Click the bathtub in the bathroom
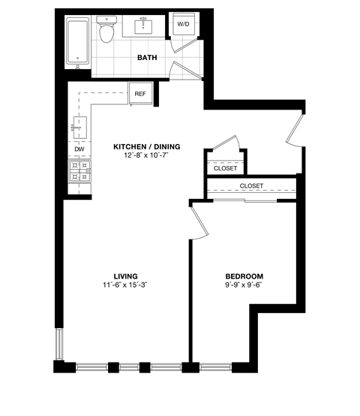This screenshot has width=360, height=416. [x=78, y=41]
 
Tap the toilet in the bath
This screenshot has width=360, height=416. [x=108, y=32]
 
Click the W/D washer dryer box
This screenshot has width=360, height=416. [x=183, y=25]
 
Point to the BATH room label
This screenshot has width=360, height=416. [x=146, y=57]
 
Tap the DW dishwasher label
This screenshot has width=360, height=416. [x=79, y=149]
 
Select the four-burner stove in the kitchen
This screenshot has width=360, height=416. [x=79, y=172]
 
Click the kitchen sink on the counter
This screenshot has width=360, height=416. [x=80, y=124]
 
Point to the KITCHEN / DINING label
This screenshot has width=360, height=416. [x=148, y=146]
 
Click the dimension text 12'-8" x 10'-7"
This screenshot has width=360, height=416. [x=148, y=156]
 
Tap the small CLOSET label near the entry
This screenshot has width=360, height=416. [x=225, y=168]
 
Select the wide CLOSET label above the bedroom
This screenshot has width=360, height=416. [x=251, y=185]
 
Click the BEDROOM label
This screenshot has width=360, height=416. [x=243, y=276]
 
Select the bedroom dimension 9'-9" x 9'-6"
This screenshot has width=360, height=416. [x=243, y=285]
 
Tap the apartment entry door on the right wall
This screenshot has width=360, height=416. [x=294, y=126]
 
